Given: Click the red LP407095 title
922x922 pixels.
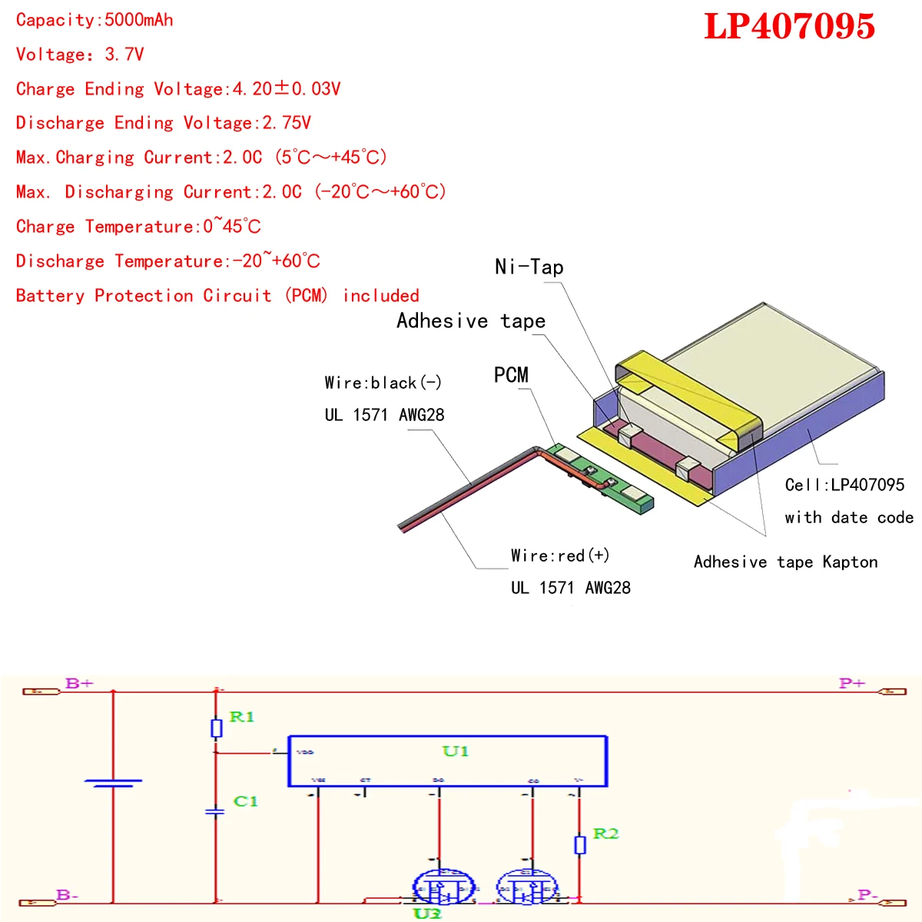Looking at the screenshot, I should [x=789, y=27].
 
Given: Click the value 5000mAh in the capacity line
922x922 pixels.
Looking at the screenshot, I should [x=139, y=20].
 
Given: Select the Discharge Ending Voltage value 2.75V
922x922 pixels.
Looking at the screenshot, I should [x=287, y=123].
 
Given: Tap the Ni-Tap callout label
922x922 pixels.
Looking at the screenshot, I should [x=529, y=267].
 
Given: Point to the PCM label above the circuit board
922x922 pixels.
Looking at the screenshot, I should [x=511, y=375].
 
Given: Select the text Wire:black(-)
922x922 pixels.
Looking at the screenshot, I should [x=383, y=383].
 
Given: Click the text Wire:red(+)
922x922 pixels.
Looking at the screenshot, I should [x=560, y=556].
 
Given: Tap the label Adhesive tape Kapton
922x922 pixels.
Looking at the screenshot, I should [x=785, y=562].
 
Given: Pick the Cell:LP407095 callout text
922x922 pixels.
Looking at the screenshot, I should [x=844, y=485].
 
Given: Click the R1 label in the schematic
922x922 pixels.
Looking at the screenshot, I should [x=242, y=717].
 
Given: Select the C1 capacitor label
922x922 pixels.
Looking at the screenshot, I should [x=246, y=801].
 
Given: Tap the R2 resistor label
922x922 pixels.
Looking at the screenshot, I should [x=605, y=834].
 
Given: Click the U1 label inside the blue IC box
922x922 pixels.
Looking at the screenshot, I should [x=455, y=751].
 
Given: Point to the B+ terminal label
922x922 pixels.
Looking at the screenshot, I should [x=79, y=682].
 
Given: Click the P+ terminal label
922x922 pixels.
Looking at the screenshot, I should [x=852, y=682].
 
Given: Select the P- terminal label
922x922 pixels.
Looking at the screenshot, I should [x=867, y=894].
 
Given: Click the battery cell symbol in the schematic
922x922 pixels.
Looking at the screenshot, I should [x=113, y=783].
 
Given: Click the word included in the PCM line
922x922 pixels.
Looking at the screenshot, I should [x=381, y=296].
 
